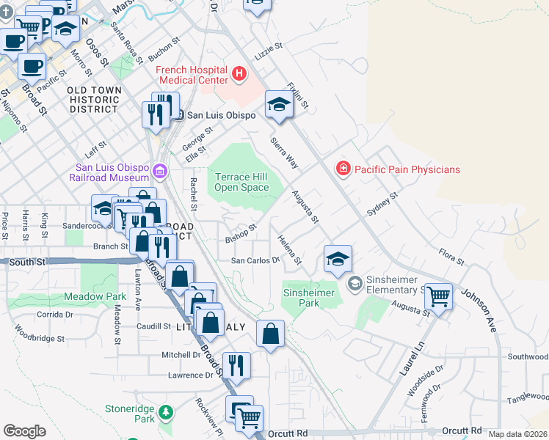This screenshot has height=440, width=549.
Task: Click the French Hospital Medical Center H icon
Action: tap(239, 73)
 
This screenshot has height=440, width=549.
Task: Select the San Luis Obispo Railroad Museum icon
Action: tap(160, 172)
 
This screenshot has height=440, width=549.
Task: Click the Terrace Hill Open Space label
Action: tap(241, 181)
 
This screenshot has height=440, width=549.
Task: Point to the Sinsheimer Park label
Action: tap(309, 298)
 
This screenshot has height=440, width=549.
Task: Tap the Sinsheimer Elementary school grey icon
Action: tap(355, 282)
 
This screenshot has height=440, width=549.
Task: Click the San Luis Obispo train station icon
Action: tap(178, 115)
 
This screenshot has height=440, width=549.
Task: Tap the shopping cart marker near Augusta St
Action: tap(438, 297)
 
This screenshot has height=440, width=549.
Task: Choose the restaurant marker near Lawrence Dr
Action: tap(236, 364)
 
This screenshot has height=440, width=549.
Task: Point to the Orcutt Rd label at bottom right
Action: tap(461, 430)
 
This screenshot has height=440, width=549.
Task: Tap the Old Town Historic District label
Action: tap(93, 99)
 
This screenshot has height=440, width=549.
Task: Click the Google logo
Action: tap(24, 431)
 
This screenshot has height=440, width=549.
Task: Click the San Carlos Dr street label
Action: tap(256, 260)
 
